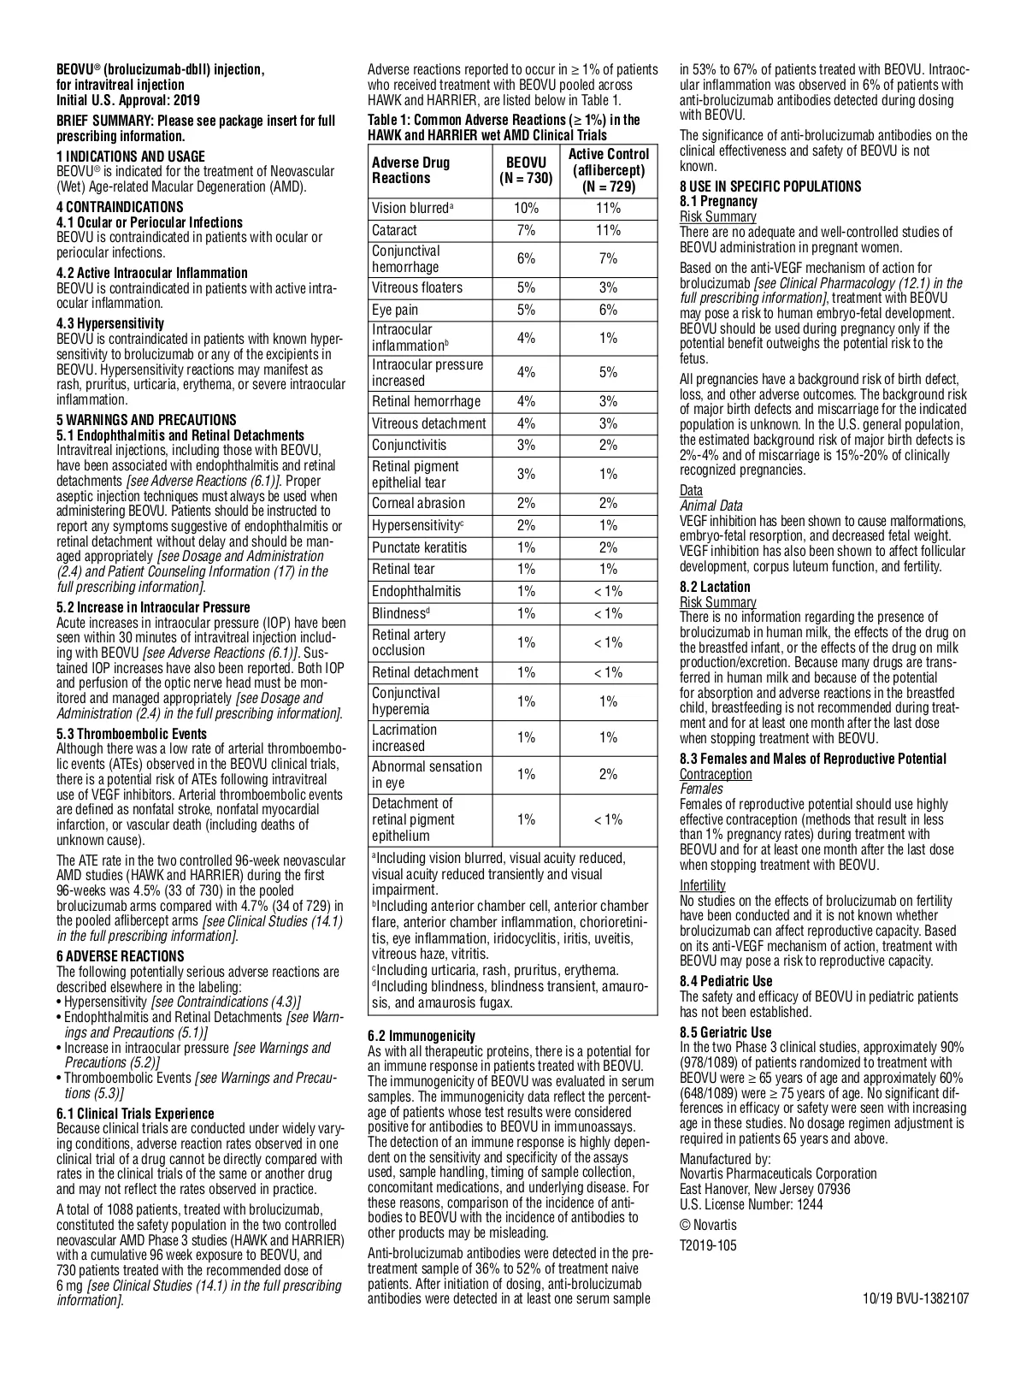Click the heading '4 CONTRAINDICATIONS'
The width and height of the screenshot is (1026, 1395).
point(120,207)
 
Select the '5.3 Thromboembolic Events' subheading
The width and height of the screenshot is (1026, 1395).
point(132,734)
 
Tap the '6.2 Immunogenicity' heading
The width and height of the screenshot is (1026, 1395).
point(422,1036)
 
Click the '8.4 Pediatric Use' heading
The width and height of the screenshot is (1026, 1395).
point(726,981)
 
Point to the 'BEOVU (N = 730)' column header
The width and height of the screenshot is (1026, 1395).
point(526,170)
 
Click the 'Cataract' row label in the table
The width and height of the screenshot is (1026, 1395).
point(395,230)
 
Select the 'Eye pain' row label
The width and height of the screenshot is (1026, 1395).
point(395,310)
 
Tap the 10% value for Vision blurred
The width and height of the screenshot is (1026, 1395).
point(526,208)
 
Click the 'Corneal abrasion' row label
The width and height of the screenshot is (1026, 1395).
point(419,503)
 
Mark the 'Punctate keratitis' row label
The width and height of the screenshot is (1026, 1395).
point(420,547)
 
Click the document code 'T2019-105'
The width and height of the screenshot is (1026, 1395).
point(708,1245)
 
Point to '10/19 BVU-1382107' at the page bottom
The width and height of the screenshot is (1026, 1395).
point(916,1297)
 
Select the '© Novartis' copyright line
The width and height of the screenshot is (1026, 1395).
point(708,1225)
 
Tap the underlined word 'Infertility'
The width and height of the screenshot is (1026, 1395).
point(703,885)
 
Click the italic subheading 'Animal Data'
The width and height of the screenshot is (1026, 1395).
point(711,505)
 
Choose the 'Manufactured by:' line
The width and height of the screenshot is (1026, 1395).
point(725,1159)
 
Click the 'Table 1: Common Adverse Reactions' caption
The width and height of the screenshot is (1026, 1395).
point(504,127)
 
